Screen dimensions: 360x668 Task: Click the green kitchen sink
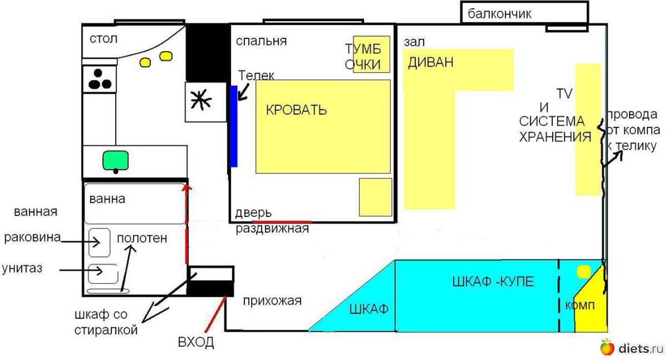115,160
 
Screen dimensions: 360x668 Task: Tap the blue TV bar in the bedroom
234,126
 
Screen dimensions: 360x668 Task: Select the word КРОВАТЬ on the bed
296,110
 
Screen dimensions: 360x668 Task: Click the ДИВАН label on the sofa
430,62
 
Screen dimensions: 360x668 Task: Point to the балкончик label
499,14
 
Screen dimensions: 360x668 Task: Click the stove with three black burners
100,79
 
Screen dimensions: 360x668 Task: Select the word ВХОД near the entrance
196,342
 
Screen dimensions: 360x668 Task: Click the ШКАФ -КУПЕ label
493,282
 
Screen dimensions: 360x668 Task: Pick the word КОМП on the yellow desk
580,306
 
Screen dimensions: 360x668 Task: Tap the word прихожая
272,301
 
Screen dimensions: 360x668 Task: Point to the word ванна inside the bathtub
107,199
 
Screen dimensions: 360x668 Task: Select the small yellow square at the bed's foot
375,197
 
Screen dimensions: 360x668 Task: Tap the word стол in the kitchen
104,39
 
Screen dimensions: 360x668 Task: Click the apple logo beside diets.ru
607,347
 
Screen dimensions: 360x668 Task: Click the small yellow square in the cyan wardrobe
583,272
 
